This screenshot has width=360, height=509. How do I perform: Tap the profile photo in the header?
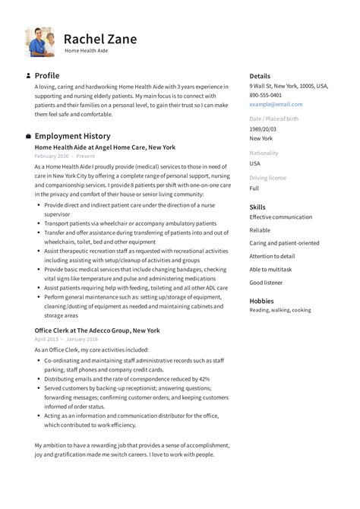(x=39, y=42)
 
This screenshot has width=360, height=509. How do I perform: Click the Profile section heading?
(x=46, y=76)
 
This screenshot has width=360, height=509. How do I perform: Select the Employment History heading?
(x=73, y=136)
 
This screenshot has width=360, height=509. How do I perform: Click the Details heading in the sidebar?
(x=260, y=76)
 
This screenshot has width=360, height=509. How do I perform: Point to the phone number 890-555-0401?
(x=266, y=95)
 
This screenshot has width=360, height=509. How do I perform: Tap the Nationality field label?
(x=264, y=153)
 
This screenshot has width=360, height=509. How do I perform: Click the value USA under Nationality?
(x=255, y=163)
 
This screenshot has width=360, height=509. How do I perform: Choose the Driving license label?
(x=268, y=178)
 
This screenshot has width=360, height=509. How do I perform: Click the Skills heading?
(x=257, y=207)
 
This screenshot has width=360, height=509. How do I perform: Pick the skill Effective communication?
(x=280, y=217)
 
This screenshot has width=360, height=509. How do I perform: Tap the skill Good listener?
(x=266, y=282)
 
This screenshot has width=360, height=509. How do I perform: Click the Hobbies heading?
(x=261, y=300)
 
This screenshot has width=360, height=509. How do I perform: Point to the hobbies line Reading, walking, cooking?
(x=279, y=310)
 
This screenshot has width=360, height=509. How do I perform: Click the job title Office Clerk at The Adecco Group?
(x=97, y=330)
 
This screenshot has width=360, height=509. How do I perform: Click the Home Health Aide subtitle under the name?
(x=87, y=51)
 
